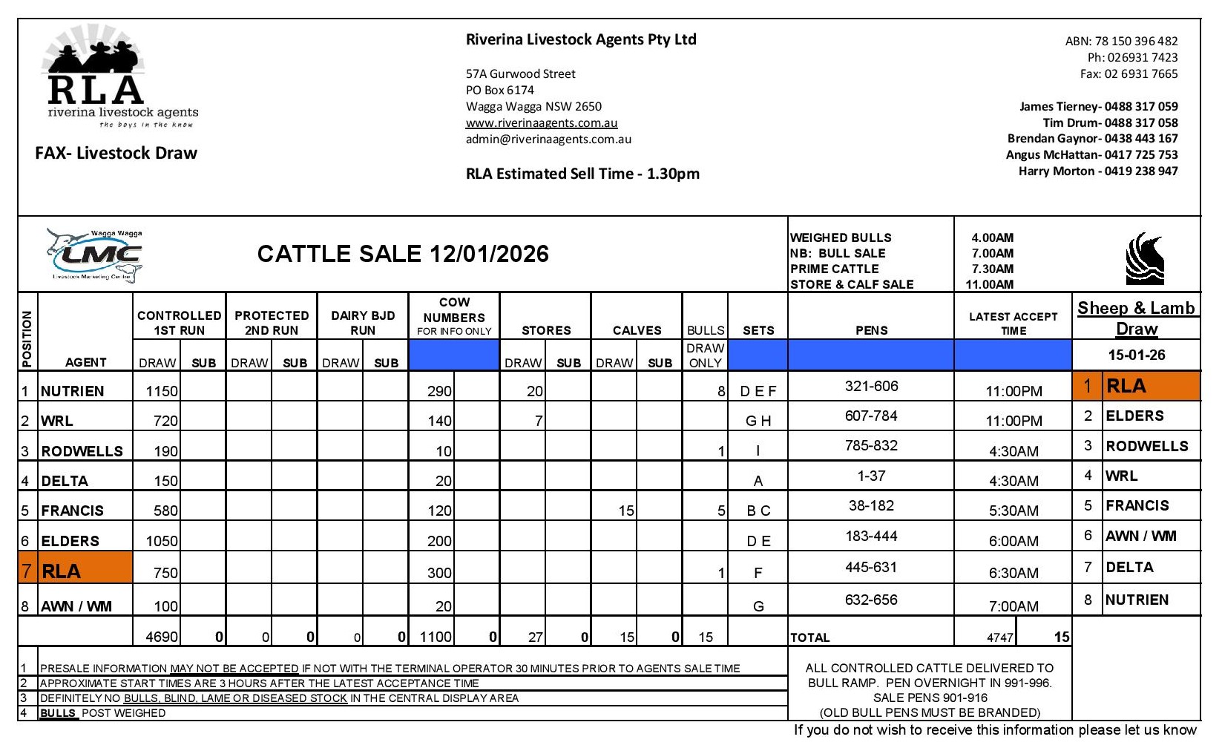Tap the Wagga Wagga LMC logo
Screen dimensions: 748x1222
tap(93, 255)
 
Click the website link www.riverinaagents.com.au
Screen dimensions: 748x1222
tap(541, 122)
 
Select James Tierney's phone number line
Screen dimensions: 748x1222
tap(1098, 106)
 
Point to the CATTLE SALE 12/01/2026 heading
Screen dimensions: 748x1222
tap(403, 254)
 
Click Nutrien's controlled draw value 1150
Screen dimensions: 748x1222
tap(162, 391)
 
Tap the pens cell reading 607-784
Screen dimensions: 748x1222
tap(870, 416)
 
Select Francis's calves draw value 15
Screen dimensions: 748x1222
tap(626, 511)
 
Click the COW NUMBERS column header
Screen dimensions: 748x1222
tap(454, 316)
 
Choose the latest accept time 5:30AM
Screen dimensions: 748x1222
tap(1013, 511)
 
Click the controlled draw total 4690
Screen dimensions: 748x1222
tap(162, 637)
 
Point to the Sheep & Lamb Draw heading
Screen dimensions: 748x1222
tap(1136, 318)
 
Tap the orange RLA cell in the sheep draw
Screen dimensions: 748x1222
tap(1136, 386)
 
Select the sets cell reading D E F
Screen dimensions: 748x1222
tap(758, 391)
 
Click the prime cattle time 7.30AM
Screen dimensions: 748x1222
tap(992, 269)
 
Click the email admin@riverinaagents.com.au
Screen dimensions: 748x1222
tap(548, 139)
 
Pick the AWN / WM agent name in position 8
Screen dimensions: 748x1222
tap(76, 606)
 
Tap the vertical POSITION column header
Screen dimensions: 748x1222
tap(27, 338)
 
